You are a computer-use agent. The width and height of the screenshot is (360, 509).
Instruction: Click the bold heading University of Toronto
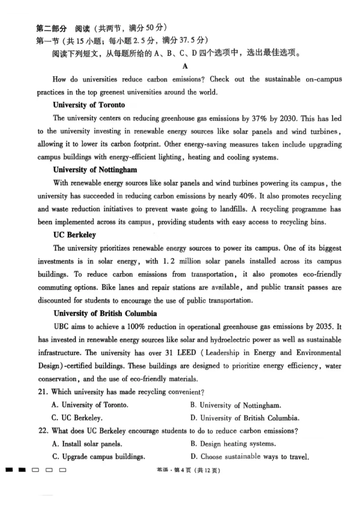click(x=89, y=105)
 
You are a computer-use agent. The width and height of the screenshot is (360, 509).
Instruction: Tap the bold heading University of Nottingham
click(x=95, y=170)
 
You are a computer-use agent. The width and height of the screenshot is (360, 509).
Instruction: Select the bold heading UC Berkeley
click(x=74, y=235)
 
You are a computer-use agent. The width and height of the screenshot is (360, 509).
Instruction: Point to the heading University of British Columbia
click(x=105, y=313)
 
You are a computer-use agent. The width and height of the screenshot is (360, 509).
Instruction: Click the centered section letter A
click(x=184, y=66)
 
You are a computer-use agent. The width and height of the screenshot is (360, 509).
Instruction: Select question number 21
click(x=43, y=392)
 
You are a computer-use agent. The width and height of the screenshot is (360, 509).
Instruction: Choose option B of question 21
click(x=236, y=405)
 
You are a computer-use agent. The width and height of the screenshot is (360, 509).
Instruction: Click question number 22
click(x=43, y=431)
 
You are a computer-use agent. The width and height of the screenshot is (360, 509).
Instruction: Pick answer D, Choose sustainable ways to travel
click(x=249, y=457)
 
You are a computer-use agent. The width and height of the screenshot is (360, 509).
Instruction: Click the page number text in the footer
click(x=189, y=471)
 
